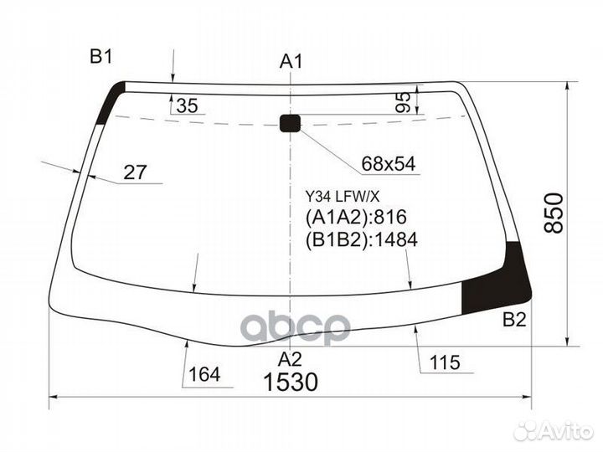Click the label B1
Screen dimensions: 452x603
coord(101,57)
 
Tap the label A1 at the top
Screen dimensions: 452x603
coord(291,61)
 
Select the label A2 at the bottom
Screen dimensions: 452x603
coord(290,359)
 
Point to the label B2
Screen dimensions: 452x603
coord(514,319)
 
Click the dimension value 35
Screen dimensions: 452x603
coord(188,105)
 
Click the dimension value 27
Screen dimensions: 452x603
coord(135,173)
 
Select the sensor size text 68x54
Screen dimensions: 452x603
coord(389,165)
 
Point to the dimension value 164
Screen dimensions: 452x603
coord(205,374)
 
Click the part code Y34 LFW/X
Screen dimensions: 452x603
coord(342,197)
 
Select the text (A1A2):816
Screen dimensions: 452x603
coord(356,218)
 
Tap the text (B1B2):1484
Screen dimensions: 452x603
coord(362,241)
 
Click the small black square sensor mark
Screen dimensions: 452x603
coord(290,124)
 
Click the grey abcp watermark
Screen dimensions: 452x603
coord(295,327)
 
